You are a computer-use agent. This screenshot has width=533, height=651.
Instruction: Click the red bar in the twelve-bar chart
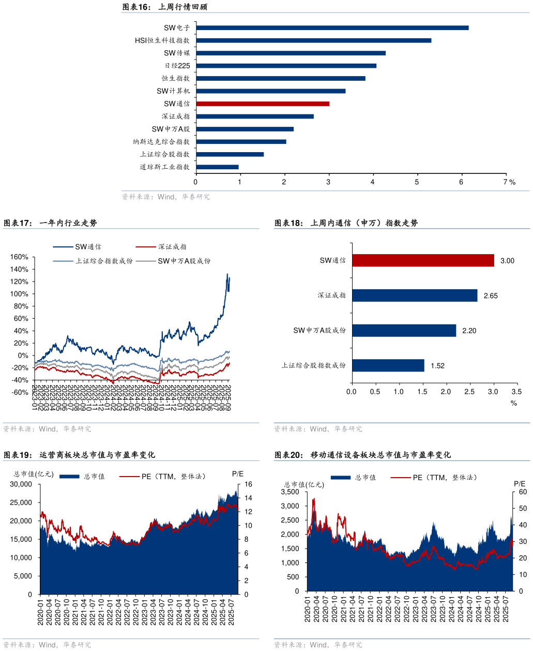(x=263, y=103)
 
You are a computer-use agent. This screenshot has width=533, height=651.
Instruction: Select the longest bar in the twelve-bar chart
(x=332, y=28)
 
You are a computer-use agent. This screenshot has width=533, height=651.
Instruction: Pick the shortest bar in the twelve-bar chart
(x=218, y=167)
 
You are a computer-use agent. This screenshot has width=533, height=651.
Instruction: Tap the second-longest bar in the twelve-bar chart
(x=314, y=40)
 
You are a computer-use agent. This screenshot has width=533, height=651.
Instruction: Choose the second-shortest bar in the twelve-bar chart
(x=230, y=154)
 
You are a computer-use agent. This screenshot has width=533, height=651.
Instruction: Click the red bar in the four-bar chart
(x=423, y=261)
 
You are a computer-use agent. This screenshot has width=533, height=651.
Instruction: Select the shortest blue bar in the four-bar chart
(x=388, y=365)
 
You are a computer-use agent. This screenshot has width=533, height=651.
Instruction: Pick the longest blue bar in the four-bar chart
(x=415, y=295)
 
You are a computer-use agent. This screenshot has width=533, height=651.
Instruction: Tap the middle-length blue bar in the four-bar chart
(x=404, y=330)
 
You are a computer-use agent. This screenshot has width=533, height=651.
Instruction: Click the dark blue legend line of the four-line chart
(x=63, y=247)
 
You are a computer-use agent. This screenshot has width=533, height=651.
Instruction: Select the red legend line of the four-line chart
(x=146, y=247)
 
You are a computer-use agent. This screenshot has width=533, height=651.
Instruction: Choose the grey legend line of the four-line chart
(x=146, y=261)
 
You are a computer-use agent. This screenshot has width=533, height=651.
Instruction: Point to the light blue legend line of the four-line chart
(x=63, y=261)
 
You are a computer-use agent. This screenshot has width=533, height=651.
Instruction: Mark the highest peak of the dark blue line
(x=228, y=274)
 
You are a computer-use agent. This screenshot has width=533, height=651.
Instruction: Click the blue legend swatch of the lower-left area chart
(x=69, y=477)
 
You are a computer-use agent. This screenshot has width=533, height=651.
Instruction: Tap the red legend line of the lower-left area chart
(x=129, y=476)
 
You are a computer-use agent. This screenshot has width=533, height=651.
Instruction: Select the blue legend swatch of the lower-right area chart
(x=340, y=478)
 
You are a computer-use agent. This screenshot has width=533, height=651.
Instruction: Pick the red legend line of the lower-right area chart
(x=401, y=477)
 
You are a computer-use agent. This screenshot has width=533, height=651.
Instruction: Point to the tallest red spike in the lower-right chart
(x=313, y=499)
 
